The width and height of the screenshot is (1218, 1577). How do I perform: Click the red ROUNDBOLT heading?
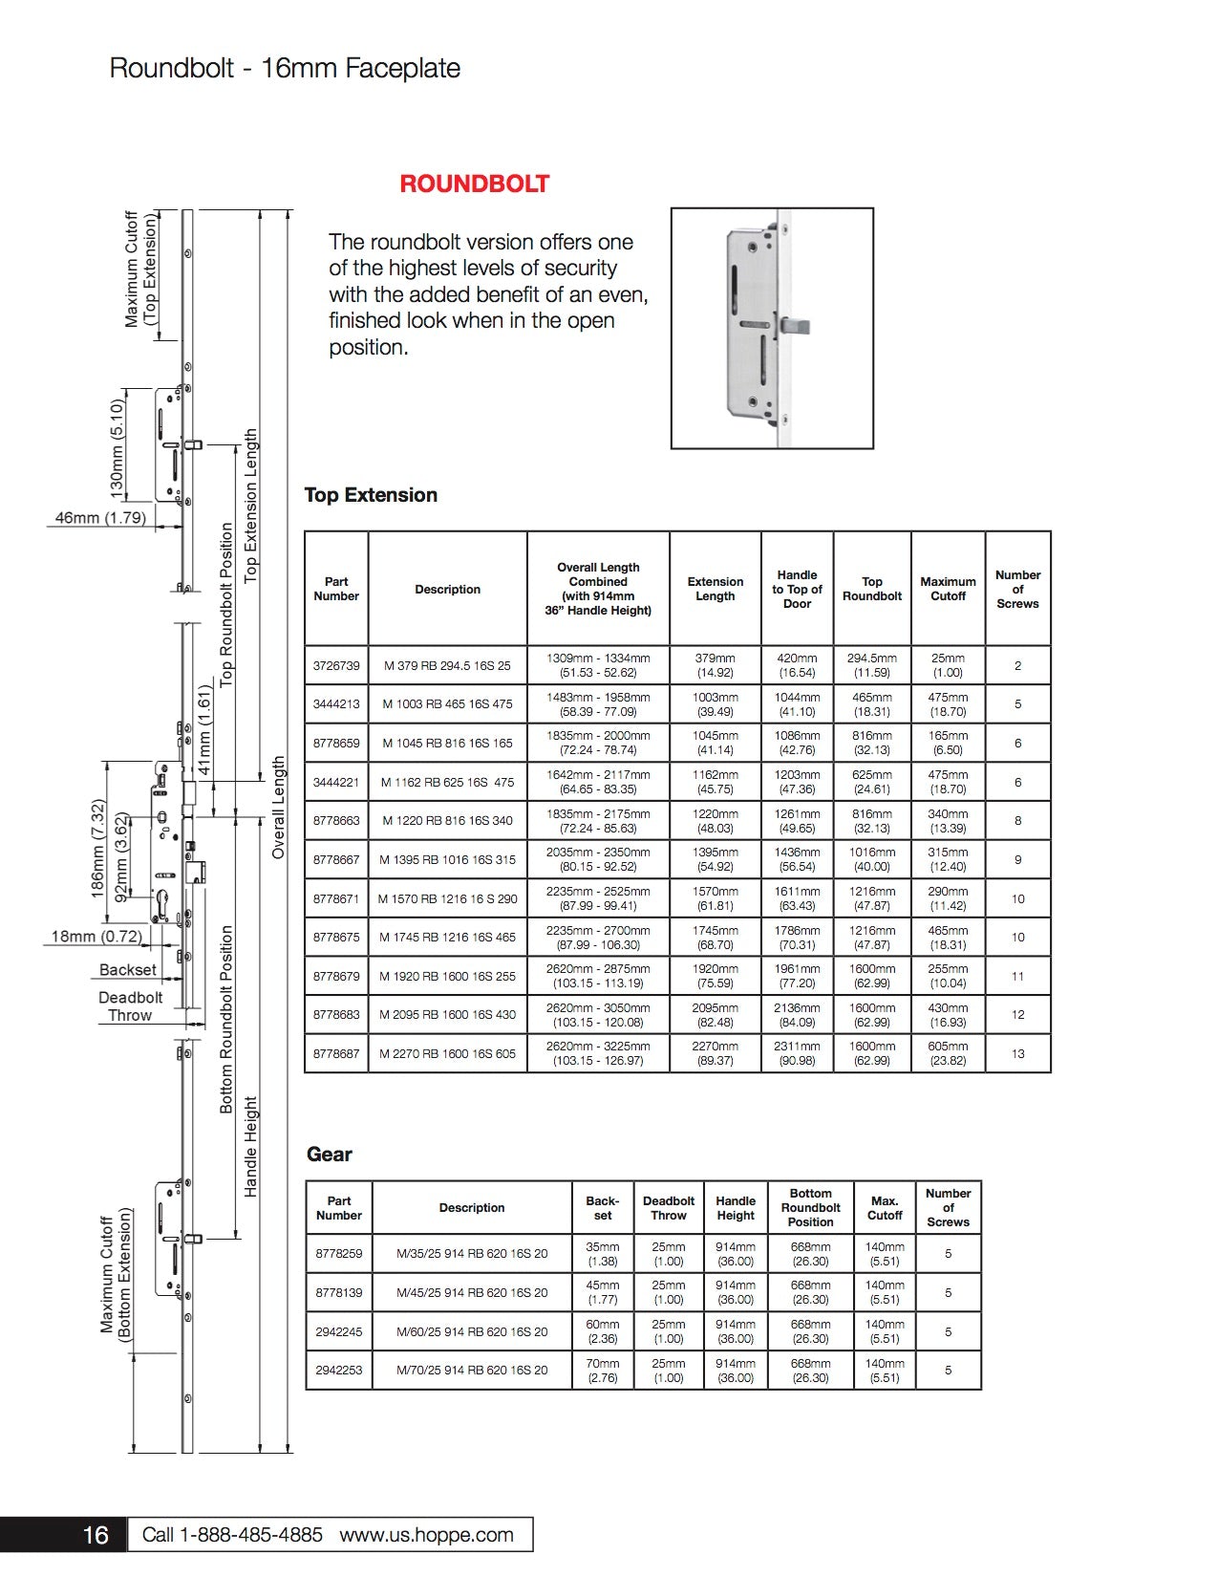click(474, 184)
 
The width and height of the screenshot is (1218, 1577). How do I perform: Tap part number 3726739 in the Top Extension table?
click(336, 666)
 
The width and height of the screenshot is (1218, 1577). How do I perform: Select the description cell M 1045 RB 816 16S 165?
click(447, 744)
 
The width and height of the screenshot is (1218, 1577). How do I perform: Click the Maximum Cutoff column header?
click(948, 589)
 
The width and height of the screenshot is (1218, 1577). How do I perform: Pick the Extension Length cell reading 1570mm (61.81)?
click(715, 898)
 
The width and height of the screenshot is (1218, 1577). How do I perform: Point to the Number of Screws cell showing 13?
click(1017, 1054)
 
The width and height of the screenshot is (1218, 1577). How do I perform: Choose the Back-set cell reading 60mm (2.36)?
click(603, 1331)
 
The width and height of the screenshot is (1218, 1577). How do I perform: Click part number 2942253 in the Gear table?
click(339, 1371)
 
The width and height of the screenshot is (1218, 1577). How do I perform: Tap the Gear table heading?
click(330, 1155)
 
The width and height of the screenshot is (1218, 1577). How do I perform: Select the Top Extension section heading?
click(371, 495)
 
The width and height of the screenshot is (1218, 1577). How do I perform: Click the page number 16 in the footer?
click(96, 1535)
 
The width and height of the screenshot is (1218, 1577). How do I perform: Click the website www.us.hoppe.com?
click(426, 1535)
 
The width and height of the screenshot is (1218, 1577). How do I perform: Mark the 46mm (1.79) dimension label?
click(100, 518)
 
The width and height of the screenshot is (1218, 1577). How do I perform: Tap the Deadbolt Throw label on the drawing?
click(131, 1006)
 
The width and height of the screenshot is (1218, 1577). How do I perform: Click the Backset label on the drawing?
click(128, 970)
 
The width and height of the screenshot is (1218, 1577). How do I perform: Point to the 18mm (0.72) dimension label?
click(96, 937)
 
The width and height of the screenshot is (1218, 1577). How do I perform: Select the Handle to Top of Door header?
click(797, 589)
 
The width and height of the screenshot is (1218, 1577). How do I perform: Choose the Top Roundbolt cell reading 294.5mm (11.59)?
click(871, 666)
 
